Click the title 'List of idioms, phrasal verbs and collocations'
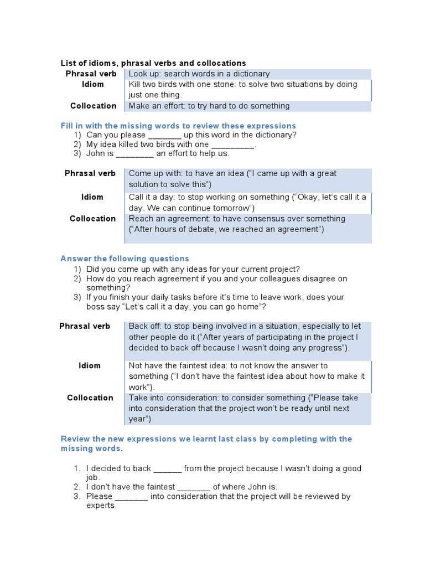coord(153,63)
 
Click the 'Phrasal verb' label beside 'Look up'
coord(91,74)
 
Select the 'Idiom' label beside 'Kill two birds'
coord(93,84)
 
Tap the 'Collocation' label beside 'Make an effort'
coord(93,106)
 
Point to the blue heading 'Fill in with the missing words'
coord(178,126)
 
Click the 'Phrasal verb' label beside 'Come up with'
coord(90,173)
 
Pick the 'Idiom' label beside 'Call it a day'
coord(92,197)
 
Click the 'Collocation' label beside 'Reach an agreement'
coord(92,218)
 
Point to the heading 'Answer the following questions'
coord(125,259)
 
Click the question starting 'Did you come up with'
coord(193,269)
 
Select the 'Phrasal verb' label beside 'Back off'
coord(85,326)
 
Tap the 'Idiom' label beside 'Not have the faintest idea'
coord(89,365)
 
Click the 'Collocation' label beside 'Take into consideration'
coord(90,398)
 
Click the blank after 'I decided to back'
coord(168,469)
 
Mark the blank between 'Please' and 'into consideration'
coord(131,497)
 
